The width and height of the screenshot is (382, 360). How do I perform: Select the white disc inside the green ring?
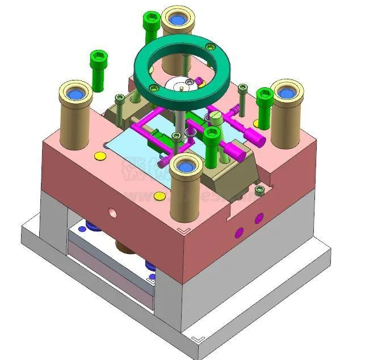pyautogui.click(x=180, y=85)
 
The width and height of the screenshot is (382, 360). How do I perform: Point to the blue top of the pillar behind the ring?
pyautogui.click(x=178, y=20)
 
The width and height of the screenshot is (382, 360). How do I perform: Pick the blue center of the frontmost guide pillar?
pyautogui.click(x=186, y=165)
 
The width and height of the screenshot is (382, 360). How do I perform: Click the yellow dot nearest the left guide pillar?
pyautogui.click(x=100, y=155)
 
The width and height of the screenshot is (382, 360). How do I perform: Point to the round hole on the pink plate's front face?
pyautogui.click(x=112, y=214)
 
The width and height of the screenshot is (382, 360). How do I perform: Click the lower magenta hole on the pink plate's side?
pyautogui.click(x=239, y=231)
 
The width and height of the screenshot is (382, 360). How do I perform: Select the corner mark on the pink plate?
pyautogui.click(x=183, y=230)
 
